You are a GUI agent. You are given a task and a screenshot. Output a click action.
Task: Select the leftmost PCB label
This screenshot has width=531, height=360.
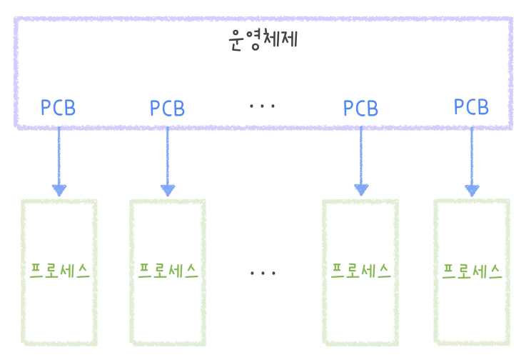58,108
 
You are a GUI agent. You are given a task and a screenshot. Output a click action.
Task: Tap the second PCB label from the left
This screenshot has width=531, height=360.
168,109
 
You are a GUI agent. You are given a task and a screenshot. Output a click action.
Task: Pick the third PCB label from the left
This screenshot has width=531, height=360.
360,109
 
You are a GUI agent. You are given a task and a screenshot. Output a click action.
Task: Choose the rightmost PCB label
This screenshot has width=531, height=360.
471,107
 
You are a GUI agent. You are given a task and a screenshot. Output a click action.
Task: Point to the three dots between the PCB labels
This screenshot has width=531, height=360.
263,106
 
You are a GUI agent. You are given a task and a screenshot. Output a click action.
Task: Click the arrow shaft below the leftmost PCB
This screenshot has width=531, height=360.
59,154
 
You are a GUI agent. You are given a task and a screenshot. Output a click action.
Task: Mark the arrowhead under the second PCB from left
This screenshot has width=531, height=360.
168,190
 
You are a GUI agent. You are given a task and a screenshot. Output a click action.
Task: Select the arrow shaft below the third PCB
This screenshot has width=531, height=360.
361,154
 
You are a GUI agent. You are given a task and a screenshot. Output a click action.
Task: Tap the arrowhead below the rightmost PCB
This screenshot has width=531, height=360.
472,190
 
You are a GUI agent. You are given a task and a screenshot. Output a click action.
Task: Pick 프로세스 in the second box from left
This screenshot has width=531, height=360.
168,271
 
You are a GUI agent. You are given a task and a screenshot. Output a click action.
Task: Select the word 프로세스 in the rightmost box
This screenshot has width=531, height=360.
472,271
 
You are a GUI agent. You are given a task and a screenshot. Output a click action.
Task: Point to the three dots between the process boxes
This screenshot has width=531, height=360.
263,273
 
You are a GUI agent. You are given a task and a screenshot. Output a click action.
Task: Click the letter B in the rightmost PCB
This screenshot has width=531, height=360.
482,107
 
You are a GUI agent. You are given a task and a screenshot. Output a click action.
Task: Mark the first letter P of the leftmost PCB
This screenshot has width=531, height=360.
46,108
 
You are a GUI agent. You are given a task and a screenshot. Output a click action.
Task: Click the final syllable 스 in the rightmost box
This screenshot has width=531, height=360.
494,271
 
